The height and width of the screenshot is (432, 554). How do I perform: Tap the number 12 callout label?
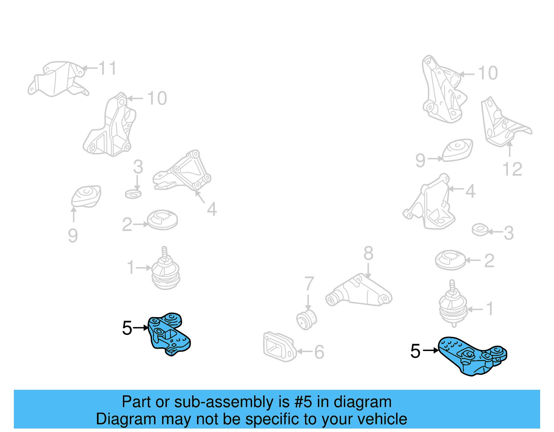[512, 169]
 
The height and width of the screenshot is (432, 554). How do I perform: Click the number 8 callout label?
[368, 254]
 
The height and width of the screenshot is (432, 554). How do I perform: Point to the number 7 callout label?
[309, 284]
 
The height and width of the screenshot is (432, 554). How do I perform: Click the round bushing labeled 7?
[307, 319]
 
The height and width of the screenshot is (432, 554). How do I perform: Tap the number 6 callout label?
[319, 352]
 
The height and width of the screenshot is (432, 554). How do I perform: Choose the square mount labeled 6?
[279, 347]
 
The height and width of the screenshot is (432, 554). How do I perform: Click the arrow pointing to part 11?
[90, 68]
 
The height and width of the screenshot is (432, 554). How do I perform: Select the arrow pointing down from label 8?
[368, 270]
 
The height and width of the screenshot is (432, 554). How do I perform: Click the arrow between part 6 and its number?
[304, 352]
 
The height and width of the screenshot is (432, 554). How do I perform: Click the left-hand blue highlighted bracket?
[169, 334]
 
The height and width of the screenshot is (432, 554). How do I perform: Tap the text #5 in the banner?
[303, 402]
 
